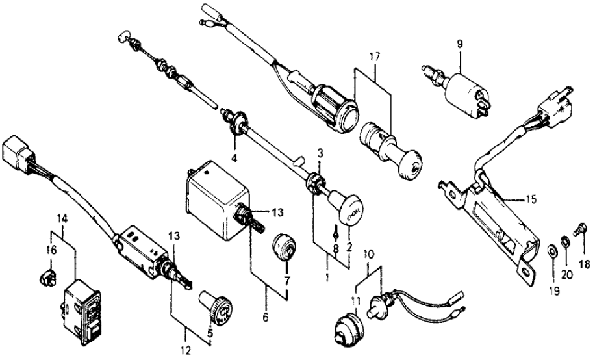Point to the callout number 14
pos(62,219)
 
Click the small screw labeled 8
pos(336,233)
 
